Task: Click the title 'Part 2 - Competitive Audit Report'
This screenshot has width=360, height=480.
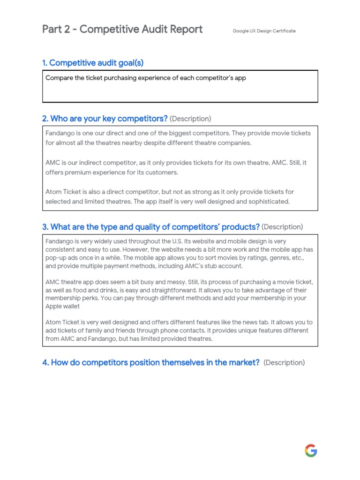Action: pos(122,30)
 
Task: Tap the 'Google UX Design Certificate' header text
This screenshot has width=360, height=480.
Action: pos(264,31)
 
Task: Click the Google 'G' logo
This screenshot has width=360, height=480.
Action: pos(311,451)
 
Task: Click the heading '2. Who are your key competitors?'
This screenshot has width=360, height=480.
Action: pos(105,119)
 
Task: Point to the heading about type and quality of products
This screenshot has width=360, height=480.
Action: pos(150,227)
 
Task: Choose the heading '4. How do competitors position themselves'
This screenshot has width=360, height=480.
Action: pos(150,362)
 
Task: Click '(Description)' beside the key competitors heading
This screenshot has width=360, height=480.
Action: pos(190,119)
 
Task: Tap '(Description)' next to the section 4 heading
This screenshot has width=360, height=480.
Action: pos(284,362)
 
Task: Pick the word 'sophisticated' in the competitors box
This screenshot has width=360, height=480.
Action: pos(266,202)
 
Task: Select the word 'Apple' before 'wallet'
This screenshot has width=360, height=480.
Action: pos(54,306)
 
